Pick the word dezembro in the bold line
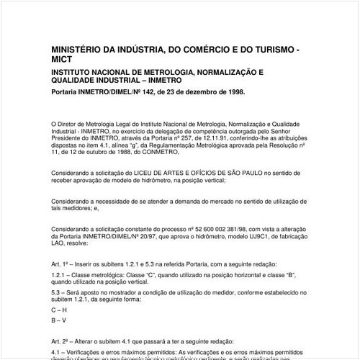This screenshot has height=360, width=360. click(195, 92)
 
